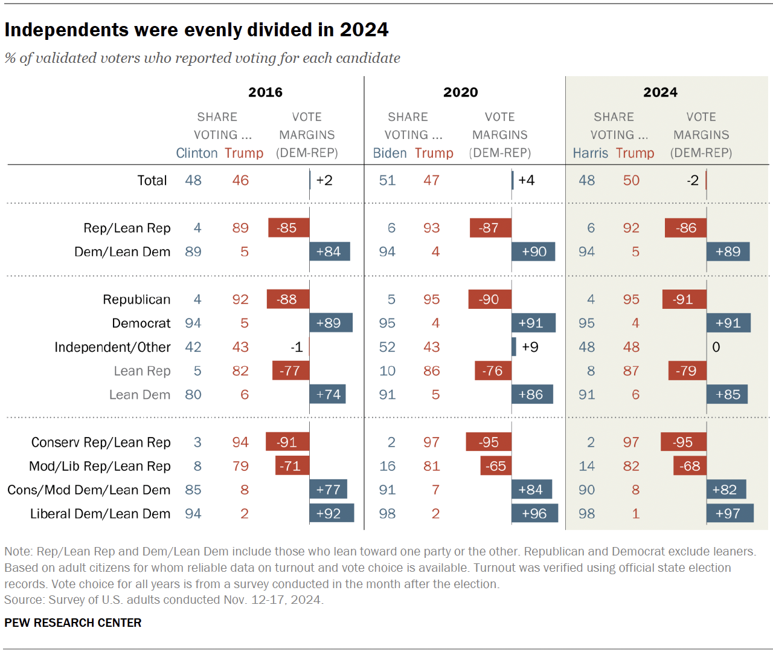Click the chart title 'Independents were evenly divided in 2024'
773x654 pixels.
[196, 30]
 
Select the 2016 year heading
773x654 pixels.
[265, 92]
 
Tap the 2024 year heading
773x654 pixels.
[660, 92]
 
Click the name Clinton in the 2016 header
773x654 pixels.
[197, 154]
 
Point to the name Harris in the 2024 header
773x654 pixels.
[590, 154]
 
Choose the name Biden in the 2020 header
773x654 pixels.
[390, 154]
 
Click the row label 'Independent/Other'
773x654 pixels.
[112, 348]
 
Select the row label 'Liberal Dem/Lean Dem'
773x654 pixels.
[100, 514]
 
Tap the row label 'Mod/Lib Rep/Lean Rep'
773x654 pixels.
[100, 467]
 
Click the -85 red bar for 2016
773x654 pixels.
[289, 228]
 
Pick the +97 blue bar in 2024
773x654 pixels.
[730, 514]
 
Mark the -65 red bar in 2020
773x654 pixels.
[496, 467]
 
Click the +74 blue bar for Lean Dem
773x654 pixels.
[327, 395]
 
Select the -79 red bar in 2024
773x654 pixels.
[687, 371]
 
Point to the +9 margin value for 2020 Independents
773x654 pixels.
[530, 348]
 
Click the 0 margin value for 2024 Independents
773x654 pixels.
[716, 348]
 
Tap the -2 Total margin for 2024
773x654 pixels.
[692, 181]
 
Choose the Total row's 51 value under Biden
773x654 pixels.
[387, 181]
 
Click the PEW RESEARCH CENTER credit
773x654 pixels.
[73, 623]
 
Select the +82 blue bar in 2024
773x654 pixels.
[726, 490]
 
